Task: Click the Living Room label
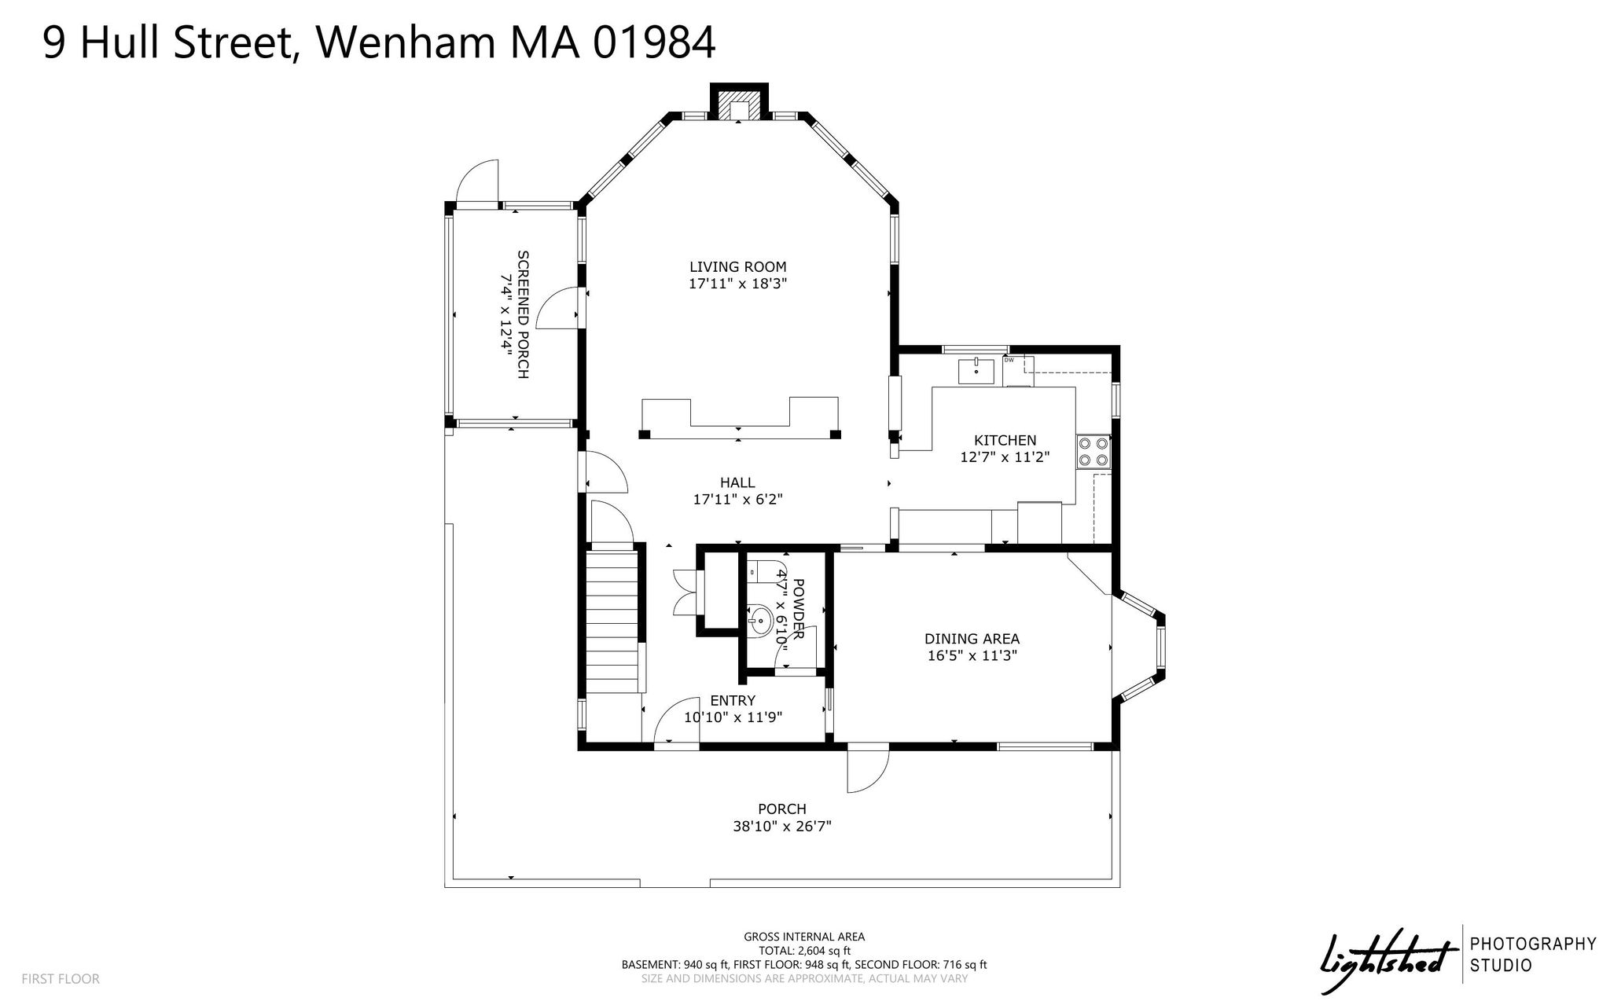737,267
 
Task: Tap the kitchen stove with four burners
1094,452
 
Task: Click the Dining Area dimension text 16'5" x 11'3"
972,656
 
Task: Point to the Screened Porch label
523,314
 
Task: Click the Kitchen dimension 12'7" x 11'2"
1005,457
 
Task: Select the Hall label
737,482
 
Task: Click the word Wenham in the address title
406,43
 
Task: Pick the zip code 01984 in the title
655,43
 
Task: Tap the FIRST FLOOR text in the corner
61,979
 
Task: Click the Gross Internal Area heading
804,937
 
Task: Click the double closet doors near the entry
684,592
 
